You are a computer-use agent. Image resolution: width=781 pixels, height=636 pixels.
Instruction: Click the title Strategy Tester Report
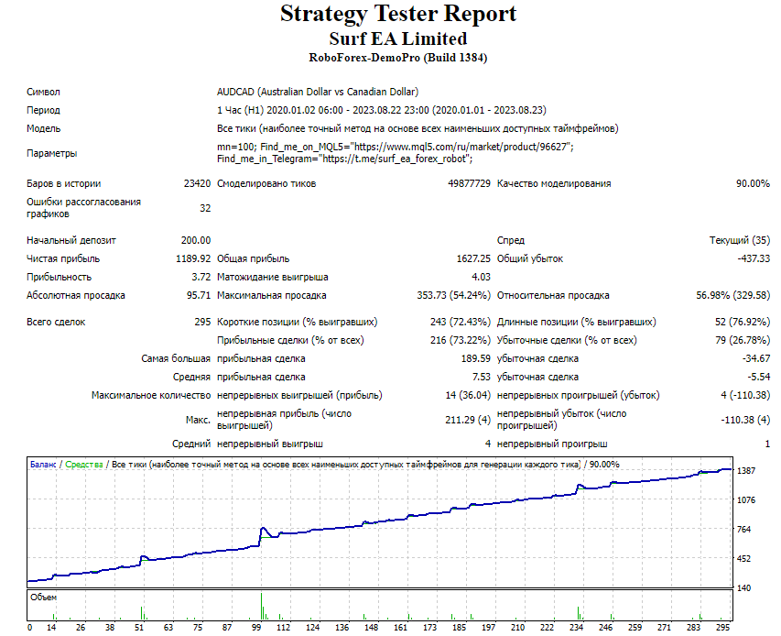pyautogui.click(x=398, y=14)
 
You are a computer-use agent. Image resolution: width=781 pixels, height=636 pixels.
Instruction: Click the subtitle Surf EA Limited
pyautogui.click(x=398, y=38)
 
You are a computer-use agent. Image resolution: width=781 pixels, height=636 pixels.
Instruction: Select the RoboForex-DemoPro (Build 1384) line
pyautogui.click(x=398, y=58)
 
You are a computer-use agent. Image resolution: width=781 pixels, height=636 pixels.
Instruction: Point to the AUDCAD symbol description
pyautogui.click(x=318, y=92)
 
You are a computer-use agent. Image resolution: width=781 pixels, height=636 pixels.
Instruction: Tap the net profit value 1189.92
pyautogui.click(x=193, y=258)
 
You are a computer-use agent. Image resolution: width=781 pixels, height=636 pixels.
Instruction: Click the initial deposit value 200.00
pyautogui.click(x=196, y=240)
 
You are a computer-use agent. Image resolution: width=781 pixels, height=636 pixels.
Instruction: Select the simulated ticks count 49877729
pyautogui.click(x=469, y=183)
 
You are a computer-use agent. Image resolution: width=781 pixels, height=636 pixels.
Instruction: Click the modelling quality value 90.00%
pyautogui.click(x=753, y=183)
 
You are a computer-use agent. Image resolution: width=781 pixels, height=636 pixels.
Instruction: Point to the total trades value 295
pyautogui.click(x=202, y=322)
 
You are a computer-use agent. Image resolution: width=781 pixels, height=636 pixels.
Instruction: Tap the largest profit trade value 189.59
pyautogui.click(x=476, y=358)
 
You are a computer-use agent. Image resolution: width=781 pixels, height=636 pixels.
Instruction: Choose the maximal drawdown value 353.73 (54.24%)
pyautogui.click(x=454, y=295)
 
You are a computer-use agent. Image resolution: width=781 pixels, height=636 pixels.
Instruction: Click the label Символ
pyautogui.click(x=43, y=92)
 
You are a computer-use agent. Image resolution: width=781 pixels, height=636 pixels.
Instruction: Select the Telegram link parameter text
pyautogui.click(x=344, y=159)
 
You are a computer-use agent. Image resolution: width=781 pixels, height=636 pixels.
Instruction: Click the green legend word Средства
pyautogui.click(x=83, y=465)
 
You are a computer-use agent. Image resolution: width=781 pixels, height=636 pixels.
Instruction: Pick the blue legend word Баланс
pyautogui.click(x=43, y=465)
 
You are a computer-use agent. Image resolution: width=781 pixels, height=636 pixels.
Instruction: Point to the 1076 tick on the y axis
pyautogui.click(x=746, y=500)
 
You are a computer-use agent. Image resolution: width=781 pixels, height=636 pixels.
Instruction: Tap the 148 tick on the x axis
pyautogui.click(x=371, y=627)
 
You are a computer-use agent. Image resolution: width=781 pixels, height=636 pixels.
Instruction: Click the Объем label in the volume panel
pyautogui.click(x=43, y=598)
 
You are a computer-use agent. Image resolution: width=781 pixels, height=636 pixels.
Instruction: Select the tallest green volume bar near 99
pyautogui.click(x=261, y=606)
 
